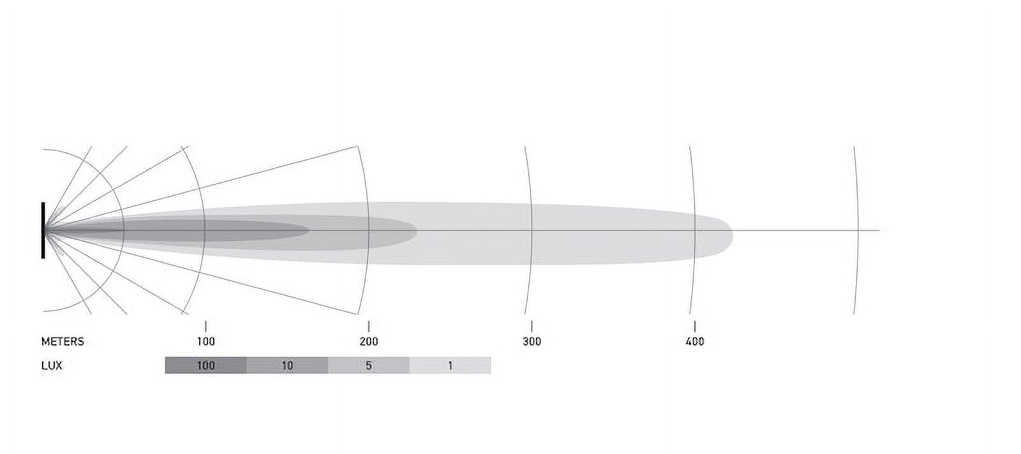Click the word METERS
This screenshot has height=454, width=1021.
tap(63, 342)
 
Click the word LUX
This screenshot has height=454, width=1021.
tap(52, 365)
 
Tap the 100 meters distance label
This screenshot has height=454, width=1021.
tap(205, 342)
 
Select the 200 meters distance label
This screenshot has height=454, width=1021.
tap(369, 342)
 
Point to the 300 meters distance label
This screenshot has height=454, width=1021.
tap(532, 342)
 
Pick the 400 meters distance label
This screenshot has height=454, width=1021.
tap(695, 342)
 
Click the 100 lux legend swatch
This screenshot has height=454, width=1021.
tap(205, 365)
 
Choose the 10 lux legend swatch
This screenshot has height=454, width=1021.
tap(287, 365)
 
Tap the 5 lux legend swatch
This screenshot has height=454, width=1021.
tap(369, 365)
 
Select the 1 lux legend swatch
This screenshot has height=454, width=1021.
tap(451, 365)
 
